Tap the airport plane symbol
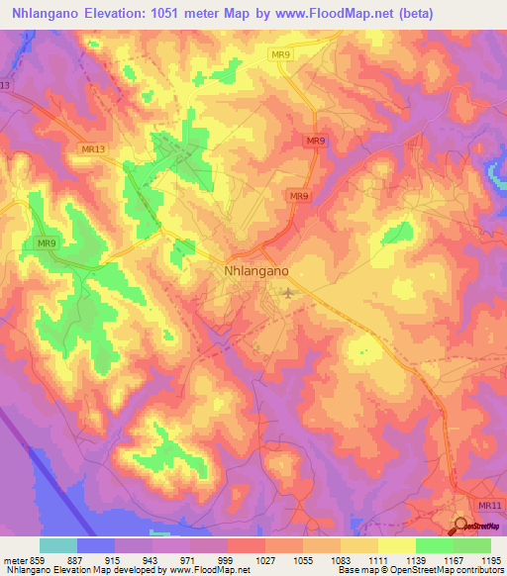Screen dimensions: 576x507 [288, 292]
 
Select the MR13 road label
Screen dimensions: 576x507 [92, 148]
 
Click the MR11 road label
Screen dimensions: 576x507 [490, 505]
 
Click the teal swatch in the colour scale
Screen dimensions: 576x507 [58, 545]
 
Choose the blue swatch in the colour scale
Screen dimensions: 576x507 [96, 545]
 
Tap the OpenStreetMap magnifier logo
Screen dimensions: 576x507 [461, 525]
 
